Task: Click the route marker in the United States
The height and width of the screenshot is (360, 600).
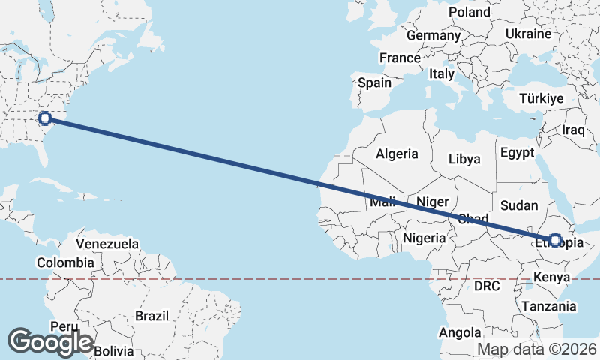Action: click(x=45, y=118)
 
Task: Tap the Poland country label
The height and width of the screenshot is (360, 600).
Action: click(x=469, y=12)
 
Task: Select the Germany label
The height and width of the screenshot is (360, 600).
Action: click(x=433, y=35)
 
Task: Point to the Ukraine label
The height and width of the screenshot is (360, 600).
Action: click(x=528, y=34)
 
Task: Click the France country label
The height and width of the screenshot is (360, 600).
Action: click(x=400, y=58)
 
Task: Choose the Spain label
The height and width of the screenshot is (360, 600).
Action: click(x=374, y=82)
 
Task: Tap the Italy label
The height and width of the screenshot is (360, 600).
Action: click(x=442, y=74)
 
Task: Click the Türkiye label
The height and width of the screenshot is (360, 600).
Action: click(x=541, y=99)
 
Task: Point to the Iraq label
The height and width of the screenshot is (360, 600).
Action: click(x=573, y=130)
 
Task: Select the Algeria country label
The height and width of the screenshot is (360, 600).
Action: click(x=397, y=154)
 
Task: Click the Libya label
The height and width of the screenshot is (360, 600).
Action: click(x=463, y=159)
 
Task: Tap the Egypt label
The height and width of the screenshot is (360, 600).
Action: click(x=517, y=153)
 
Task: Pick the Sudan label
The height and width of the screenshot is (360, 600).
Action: click(x=519, y=205)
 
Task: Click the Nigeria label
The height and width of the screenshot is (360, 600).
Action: click(x=424, y=238)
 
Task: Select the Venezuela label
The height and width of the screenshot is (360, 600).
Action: click(x=108, y=244)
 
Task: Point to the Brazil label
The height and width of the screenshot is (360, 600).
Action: click(x=151, y=316)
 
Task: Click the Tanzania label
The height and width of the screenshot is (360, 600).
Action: click(x=550, y=306)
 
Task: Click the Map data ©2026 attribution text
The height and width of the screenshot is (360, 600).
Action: click(x=537, y=349)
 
